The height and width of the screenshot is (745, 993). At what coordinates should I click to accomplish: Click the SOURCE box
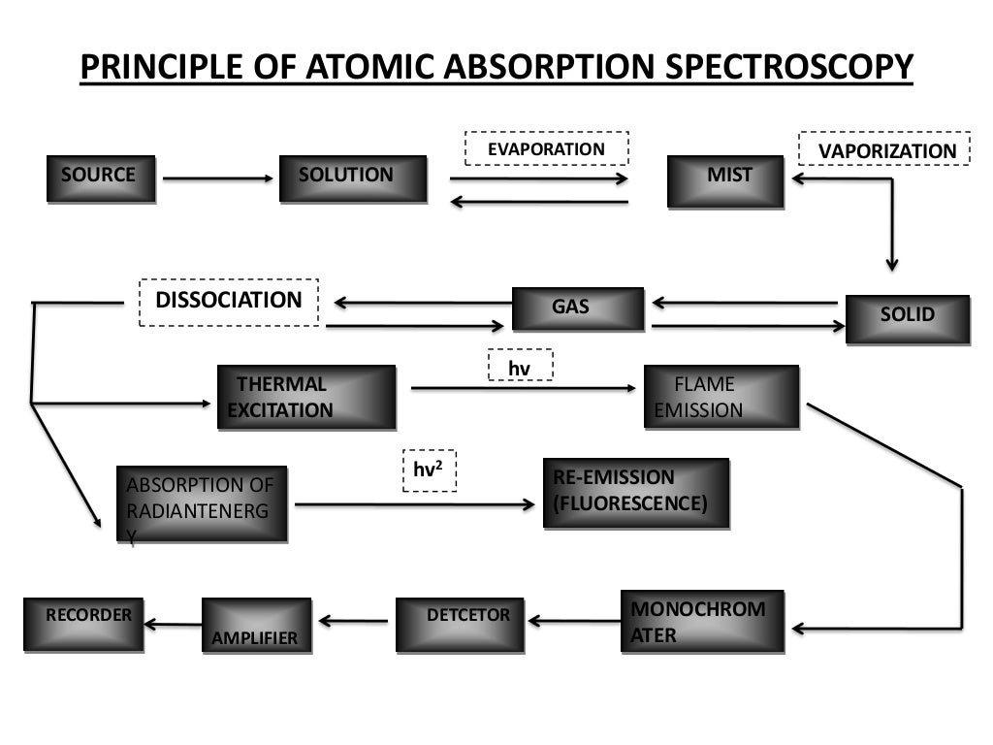click(100, 178)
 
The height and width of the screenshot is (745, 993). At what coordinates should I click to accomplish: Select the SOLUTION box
click(352, 178)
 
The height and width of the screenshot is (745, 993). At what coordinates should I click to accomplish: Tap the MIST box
click(724, 180)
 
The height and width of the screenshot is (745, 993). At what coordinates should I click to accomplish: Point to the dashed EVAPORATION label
click(547, 148)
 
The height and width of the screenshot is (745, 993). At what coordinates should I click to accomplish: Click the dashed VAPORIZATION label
click(883, 149)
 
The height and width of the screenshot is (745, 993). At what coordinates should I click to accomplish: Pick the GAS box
click(577, 308)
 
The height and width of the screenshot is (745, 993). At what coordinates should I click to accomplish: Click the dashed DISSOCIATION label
click(229, 301)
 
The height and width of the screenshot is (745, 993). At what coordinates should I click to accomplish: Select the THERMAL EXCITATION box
click(306, 397)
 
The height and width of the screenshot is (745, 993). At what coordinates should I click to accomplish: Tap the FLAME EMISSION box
click(721, 397)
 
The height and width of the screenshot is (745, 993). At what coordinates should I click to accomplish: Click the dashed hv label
click(520, 366)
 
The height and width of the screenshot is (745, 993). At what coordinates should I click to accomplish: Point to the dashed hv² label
click(429, 470)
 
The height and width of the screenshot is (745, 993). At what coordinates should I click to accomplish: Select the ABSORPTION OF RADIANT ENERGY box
click(202, 502)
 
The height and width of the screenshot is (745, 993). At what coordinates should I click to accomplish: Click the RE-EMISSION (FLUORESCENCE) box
click(635, 493)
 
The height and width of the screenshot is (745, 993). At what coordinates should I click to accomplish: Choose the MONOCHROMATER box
click(701, 621)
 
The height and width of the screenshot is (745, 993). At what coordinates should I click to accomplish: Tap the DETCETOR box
click(459, 624)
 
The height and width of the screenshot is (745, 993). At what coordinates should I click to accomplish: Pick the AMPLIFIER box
click(256, 626)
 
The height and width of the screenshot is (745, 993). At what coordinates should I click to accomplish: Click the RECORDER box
click(83, 624)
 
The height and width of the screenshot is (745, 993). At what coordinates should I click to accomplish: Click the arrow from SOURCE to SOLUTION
click(219, 178)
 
